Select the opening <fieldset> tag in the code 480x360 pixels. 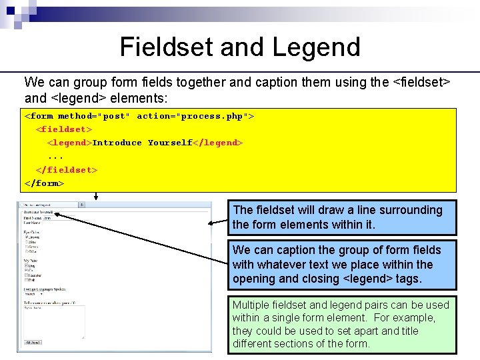pyautogui.click(x=64, y=129)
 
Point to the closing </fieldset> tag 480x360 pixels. pyautogui.click(x=67, y=169)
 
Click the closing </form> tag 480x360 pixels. pyautogui.click(x=44, y=183)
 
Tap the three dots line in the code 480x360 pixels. pyautogui.click(x=55, y=156)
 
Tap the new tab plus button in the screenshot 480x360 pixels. pyautogui.click(x=81, y=205)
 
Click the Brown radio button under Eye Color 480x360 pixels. pyautogui.click(x=25, y=237)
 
